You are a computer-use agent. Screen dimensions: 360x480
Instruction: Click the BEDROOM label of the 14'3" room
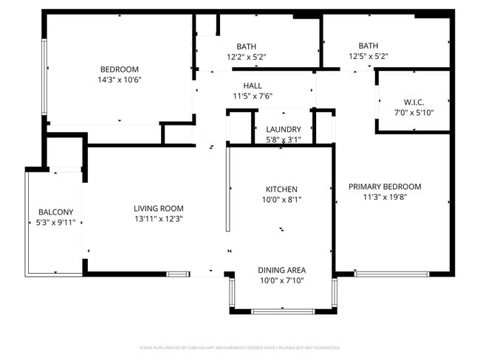[119, 70]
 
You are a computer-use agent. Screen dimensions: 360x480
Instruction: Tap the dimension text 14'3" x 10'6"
[119, 80]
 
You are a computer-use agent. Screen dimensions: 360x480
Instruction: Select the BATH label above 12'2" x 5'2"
[246, 46]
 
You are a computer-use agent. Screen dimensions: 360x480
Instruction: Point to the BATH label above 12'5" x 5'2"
[368, 46]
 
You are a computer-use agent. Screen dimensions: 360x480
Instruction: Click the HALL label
[253, 86]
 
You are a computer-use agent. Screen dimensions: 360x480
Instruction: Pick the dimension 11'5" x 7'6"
[253, 96]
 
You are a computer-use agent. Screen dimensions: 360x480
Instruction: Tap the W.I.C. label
[414, 102]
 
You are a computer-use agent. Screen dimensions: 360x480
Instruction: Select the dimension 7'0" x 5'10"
[414, 112]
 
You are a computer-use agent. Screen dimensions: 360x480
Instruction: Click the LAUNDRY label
[284, 130]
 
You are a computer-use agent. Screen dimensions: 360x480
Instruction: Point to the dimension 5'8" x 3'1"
[284, 139]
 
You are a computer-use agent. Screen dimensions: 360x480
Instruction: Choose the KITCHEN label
[281, 189]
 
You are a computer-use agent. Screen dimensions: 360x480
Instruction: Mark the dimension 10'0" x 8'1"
[281, 199]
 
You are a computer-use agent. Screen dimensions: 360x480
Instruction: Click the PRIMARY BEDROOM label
[385, 187]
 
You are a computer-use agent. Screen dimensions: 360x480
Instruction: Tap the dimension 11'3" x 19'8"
[385, 197]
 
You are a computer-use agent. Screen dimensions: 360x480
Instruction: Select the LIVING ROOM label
[159, 208]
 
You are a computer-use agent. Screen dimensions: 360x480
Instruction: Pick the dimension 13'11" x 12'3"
[159, 218]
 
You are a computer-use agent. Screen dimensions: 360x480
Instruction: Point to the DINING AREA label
[281, 270]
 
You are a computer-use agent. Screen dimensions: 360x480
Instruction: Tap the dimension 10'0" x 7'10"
[281, 280]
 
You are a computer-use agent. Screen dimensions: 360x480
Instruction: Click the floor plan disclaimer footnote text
[240, 347]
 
